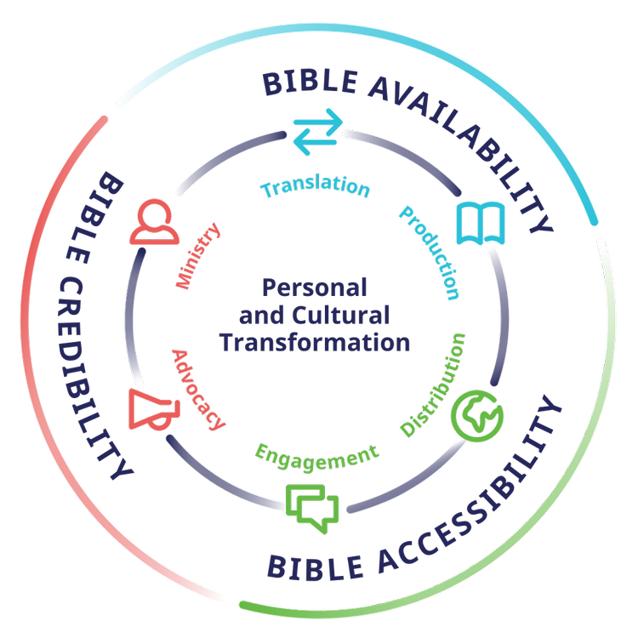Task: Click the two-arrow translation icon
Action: [x=318, y=132]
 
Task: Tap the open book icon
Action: [x=481, y=223]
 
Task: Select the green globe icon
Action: [x=477, y=416]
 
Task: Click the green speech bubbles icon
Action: [x=312, y=509]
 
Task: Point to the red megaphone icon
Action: [x=154, y=410]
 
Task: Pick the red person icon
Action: [x=154, y=222]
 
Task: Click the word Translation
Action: [x=315, y=186]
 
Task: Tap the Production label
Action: [x=430, y=253]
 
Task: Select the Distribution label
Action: [x=433, y=385]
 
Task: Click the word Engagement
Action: [x=317, y=458]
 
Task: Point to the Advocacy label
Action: [x=198, y=390]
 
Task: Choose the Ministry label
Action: [x=197, y=256]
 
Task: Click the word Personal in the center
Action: [x=315, y=288]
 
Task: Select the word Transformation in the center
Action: [x=315, y=342]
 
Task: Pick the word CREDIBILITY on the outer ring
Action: [x=90, y=379]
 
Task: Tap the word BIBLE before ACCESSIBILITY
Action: [x=316, y=567]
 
